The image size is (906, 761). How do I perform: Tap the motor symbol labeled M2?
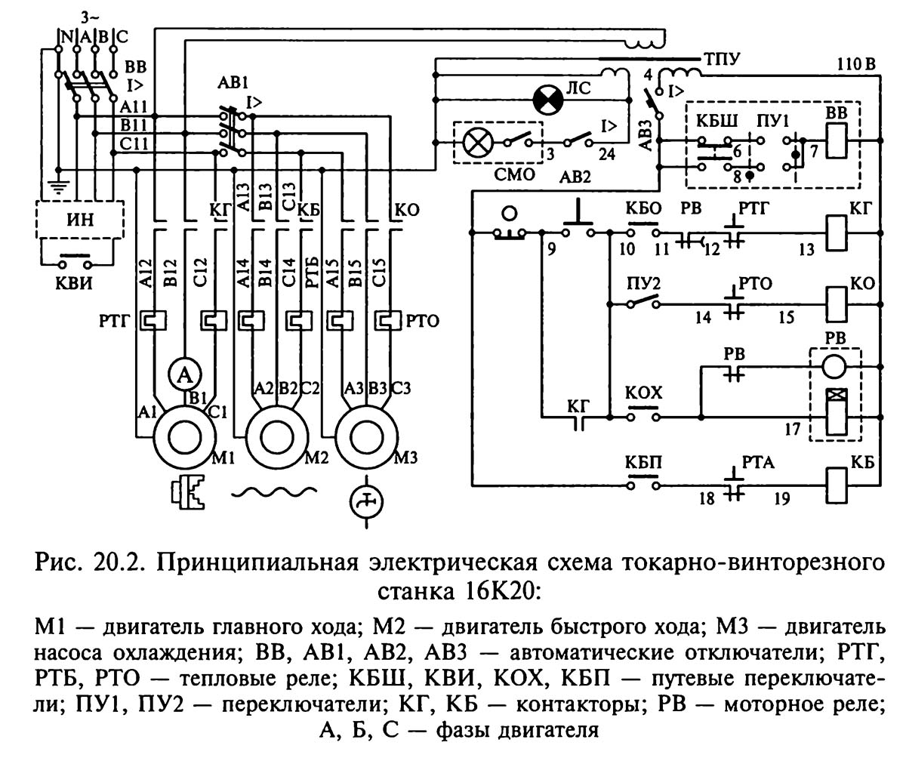(x=276, y=436)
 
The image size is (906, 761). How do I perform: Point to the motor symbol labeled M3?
(x=366, y=436)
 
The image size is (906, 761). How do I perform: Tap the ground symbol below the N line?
(x=57, y=180)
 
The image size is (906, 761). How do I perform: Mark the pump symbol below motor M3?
(x=365, y=500)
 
